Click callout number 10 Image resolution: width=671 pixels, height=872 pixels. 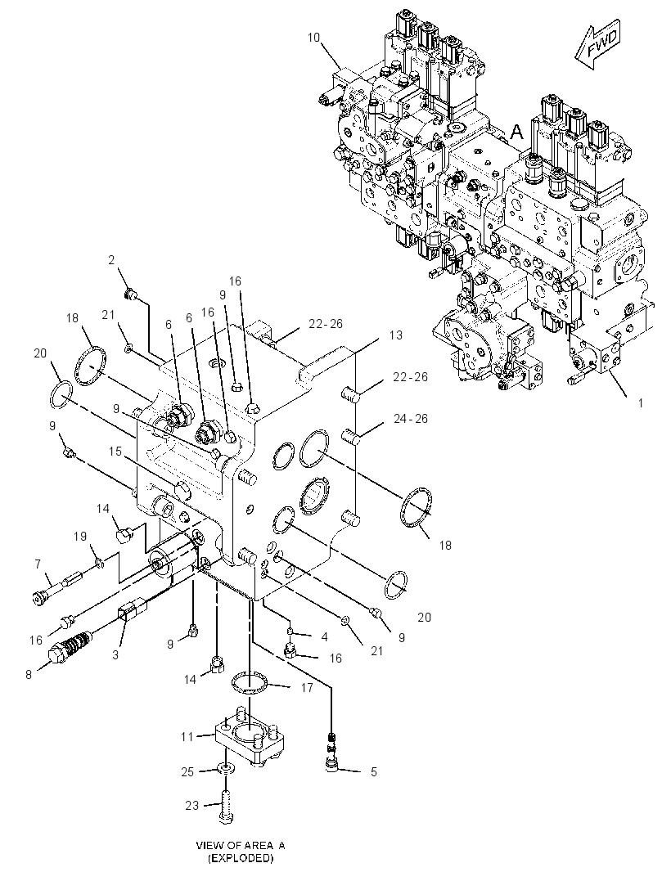[x=313, y=38]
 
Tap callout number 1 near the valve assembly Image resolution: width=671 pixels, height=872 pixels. [x=641, y=402]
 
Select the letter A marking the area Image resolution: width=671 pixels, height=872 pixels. [x=517, y=133]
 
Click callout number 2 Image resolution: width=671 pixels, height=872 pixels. [x=111, y=259]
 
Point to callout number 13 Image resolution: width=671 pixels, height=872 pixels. [x=395, y=335]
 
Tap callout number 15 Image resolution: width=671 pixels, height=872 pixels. [x=115, y=451]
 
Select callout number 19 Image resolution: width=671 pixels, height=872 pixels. [x=81, y=536]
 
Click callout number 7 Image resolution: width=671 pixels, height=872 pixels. [x=38, y=564]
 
